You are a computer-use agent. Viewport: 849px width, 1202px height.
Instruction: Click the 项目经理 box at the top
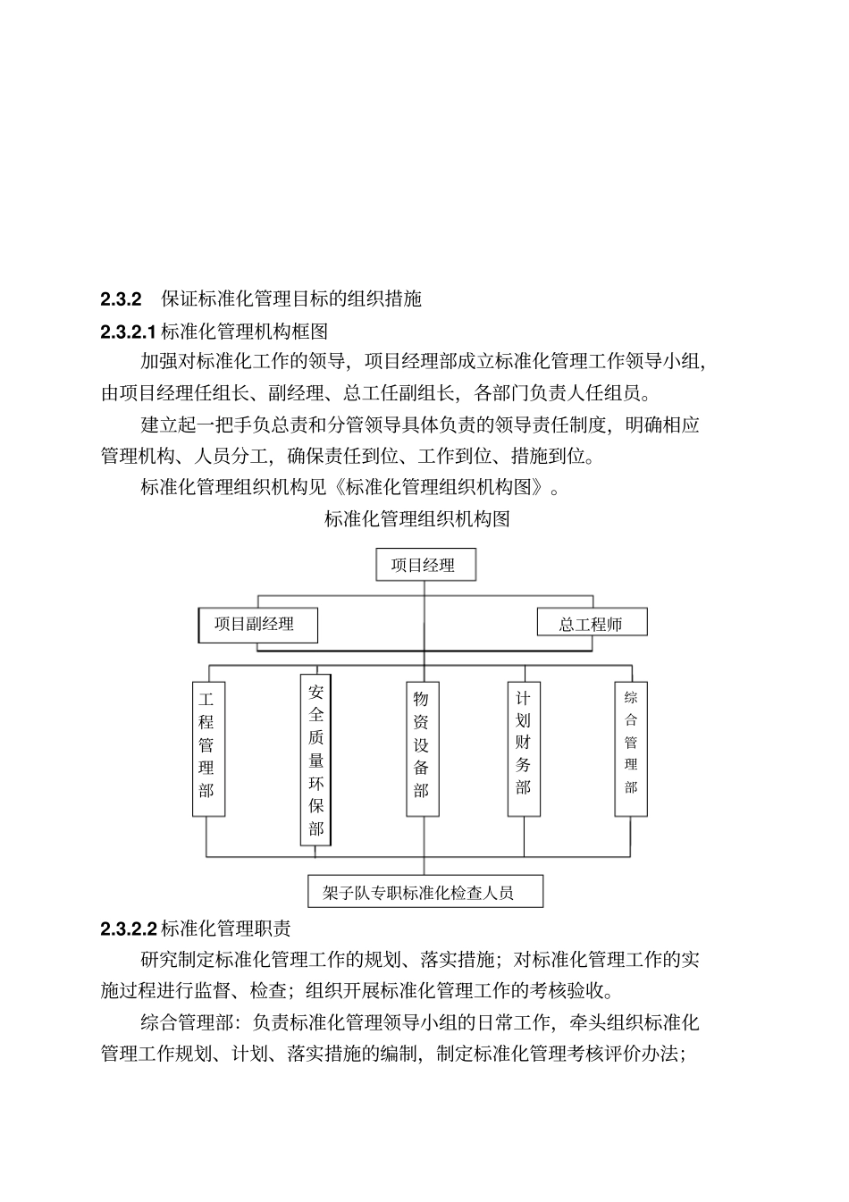coord(424,565)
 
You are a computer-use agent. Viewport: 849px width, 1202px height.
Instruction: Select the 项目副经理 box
coord(257,624)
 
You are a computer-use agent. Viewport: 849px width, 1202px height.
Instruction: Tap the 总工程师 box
coord(591,624)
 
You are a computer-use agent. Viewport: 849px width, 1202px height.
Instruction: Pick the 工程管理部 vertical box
coord(206,749)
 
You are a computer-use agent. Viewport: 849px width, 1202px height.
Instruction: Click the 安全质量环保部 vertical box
coord(315,760)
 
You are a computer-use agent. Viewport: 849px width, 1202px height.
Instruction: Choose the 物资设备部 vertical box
coord(422,749)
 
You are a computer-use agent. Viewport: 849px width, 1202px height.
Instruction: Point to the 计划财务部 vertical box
coord(524,749)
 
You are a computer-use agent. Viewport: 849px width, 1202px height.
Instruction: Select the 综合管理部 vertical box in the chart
coord(631,749)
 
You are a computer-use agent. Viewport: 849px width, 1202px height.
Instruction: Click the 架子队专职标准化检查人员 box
coord(424,892)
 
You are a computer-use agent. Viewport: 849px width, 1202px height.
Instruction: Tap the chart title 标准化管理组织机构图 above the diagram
coord(417,519)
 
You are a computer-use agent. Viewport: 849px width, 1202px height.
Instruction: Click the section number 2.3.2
coord(122,299)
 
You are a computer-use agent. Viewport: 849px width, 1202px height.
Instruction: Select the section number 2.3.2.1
coord(129,332)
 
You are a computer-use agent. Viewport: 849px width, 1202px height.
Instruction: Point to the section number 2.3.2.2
coord(129,929)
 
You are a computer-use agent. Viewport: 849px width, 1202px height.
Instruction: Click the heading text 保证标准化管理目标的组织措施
coord(291,299)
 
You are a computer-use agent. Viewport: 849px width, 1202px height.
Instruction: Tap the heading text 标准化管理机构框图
coord(244,332)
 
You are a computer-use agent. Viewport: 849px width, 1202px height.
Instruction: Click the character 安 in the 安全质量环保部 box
coord(316,692)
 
